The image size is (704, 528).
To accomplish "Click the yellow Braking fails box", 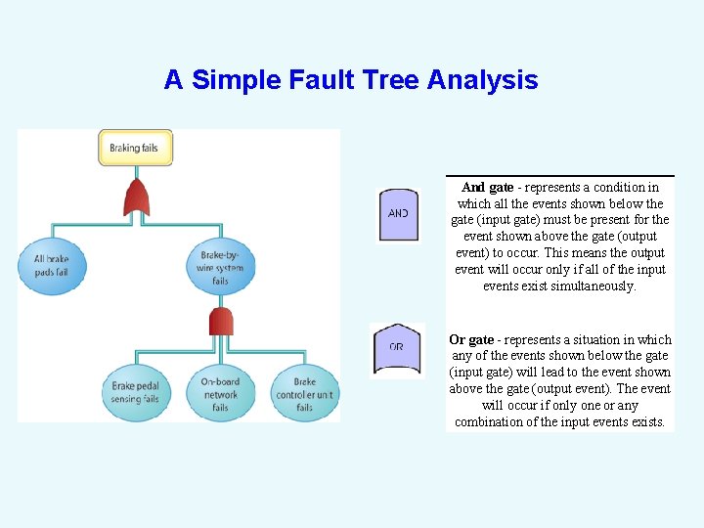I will click(135, 148).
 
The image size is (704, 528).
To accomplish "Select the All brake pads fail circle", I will click(51, 265).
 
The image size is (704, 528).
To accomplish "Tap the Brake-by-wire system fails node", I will click(220, 265).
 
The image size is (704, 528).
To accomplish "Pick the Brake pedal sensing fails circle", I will click(135, 393).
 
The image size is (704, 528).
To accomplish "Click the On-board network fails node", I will click(220, 393).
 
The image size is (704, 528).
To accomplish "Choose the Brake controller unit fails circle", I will click(304, 393).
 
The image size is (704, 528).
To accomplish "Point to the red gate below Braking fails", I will click(136, 198).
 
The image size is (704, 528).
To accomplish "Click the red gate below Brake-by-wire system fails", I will click(221, 321).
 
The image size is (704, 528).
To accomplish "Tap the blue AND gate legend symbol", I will click(398, 213).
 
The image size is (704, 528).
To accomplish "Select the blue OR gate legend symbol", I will click(397, 348).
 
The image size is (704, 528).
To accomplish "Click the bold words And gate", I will click(487, 187).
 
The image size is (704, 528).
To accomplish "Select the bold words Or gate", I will click(471, 339).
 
